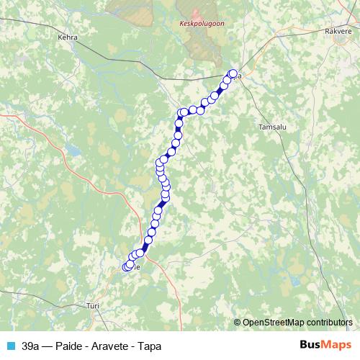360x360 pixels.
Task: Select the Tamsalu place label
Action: pyautogui.click(x=272, y=126)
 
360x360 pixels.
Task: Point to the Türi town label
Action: pyautogui.click(x=92, y=305)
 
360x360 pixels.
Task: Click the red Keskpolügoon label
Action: pyautogui.click(x=197, y=23)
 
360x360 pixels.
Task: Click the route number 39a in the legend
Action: pyautogui.click(x=31, y=346)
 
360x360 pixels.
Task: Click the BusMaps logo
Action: pyautogui.click(x=323, y=345)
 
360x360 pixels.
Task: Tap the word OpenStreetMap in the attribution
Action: pyautogui.click(x=273, y=322)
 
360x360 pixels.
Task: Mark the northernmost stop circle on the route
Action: pyautogui.click(x=233, y=73)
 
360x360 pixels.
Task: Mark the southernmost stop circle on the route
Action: pyautogui.click(x=127, y=267)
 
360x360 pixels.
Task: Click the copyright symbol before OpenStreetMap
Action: pyautogui.click(x=238, y=322)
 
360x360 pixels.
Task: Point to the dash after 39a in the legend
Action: pyautogui.click(x=48, y=346)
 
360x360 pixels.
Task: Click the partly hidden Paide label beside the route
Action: pyautogui.click(x=136, y=267)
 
